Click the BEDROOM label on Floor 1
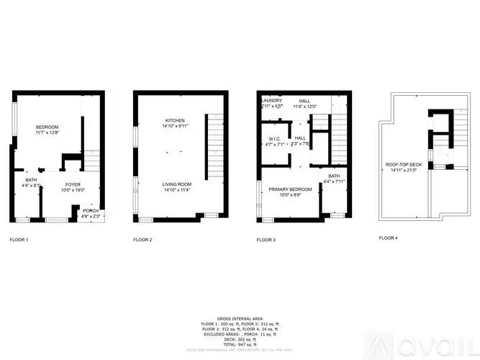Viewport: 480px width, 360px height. [x=46, y=127]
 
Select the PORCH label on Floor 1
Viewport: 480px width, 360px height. [x=91, y=211]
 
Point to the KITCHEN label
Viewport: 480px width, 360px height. [x=175, y=120]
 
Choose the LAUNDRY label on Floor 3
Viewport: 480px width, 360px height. [x=271, y=101]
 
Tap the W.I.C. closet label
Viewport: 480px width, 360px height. [x=274, y=139]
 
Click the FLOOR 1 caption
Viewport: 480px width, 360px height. [x=19, y=239]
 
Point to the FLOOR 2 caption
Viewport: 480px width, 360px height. [x=142, y=239]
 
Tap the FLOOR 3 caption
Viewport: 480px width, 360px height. [x=266, y=239]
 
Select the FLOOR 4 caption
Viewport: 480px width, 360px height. [x=389, y=238]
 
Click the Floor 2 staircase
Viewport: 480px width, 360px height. [x=214, y=148]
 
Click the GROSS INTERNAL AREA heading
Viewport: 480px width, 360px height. [x=240, y=318]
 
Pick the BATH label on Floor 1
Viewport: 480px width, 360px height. [x=32, y=180]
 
